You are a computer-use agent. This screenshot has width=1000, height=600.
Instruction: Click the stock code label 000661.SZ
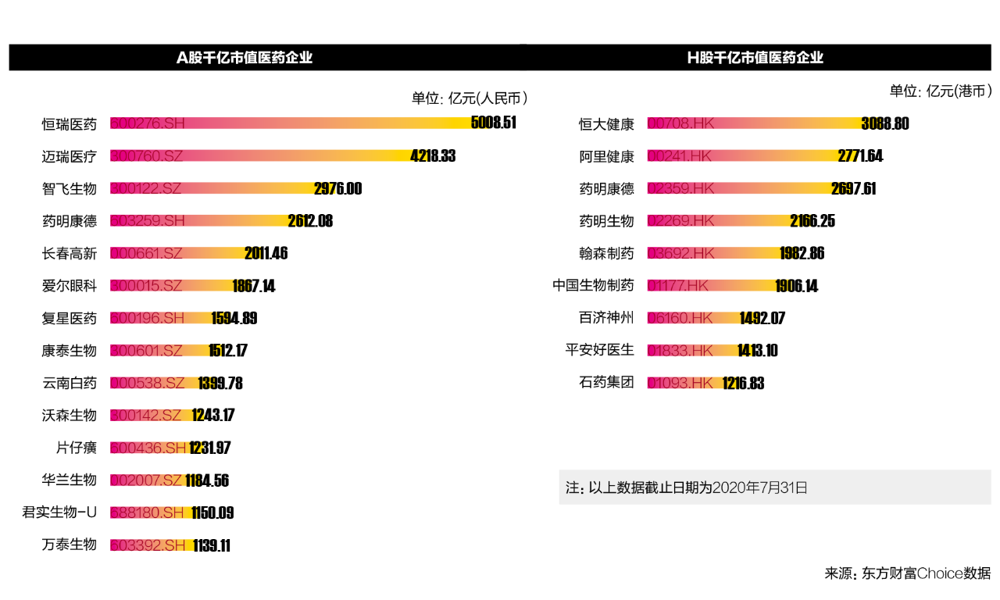(146, 253)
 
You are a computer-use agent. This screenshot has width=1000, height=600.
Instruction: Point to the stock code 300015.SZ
(146, 286)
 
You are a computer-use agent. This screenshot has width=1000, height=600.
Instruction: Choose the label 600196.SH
(147, 318)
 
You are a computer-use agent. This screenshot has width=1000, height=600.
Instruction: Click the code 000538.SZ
(147, 383)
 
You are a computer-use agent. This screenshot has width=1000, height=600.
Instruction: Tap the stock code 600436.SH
(148, 448)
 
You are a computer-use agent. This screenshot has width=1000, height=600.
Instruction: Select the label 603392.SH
(147, 545)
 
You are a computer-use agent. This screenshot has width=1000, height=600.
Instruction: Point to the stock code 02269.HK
(680, 221)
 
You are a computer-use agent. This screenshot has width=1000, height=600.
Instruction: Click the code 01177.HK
(677, 286)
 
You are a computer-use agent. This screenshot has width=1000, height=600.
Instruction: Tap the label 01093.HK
(680, 383)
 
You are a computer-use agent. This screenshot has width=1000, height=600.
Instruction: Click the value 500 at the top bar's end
(480, 123)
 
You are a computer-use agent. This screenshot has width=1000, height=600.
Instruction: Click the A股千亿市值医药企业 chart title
(245, 58)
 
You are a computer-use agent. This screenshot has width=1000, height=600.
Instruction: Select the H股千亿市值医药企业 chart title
(755, 58)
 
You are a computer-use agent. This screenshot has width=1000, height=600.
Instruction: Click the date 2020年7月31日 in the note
(760, 487)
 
